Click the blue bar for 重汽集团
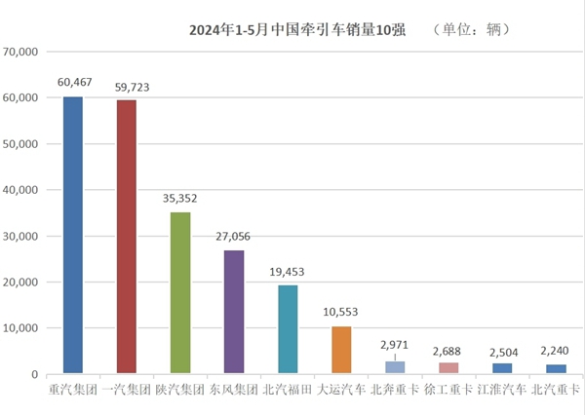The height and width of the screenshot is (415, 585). pyautogui.click(x=73, y=235)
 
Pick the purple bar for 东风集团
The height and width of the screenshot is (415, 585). pyautogui.click(x=234, y=312)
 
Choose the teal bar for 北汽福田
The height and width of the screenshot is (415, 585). pyautogui.click(x=288, y=329)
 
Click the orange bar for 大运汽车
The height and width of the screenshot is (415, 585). pyautogui.click(x=341, y=350)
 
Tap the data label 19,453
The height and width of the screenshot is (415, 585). pyautogui.click(x=289, y=272)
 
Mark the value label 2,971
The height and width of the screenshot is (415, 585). pyautogui.click(x=396, y=346)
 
